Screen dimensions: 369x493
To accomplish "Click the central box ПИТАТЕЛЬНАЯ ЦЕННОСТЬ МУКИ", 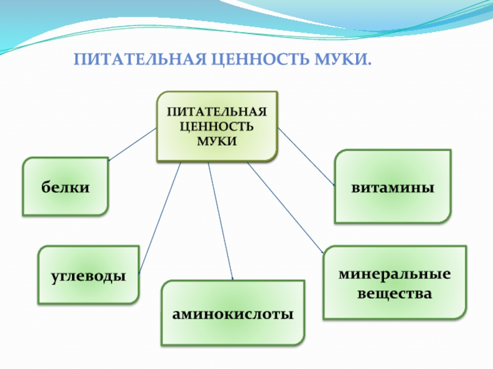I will pyautogui.click(x=217, y=126).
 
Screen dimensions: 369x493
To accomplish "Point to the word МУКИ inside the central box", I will pyautogui.click(x=217, y=140).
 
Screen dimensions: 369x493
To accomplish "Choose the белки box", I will pyautogui.click(x=66, y=186).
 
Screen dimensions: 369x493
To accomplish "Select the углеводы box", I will pyautogui.click(x=88, y=275).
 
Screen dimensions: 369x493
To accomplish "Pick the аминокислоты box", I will pyautogui.click(x=233, y=313).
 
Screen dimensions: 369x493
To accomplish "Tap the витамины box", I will pyautogui.click(x=393, y=186).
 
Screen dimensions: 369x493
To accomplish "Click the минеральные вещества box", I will pyautogui.click(x=394, y=282).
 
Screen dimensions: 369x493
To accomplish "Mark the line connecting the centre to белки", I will pyautogui.click(x=132, y=145).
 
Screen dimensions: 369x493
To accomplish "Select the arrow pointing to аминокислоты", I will pyautogui.click(x=221, y=221).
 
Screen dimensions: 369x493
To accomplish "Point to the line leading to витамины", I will pyautogui.click(x=306, y=157).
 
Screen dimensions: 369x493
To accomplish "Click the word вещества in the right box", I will pyautogui.click(x=394, y=294).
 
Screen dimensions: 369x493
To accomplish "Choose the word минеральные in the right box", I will pyautogui.click(x=394, y=272).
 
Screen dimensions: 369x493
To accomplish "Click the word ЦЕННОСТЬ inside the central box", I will pyautogui.click(x=217, y=127).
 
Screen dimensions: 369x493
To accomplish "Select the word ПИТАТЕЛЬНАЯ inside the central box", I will pyautogui.click(x=217, y=113).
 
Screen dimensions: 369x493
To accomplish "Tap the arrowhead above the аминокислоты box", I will pyautogui.click(x=232, y=279).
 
